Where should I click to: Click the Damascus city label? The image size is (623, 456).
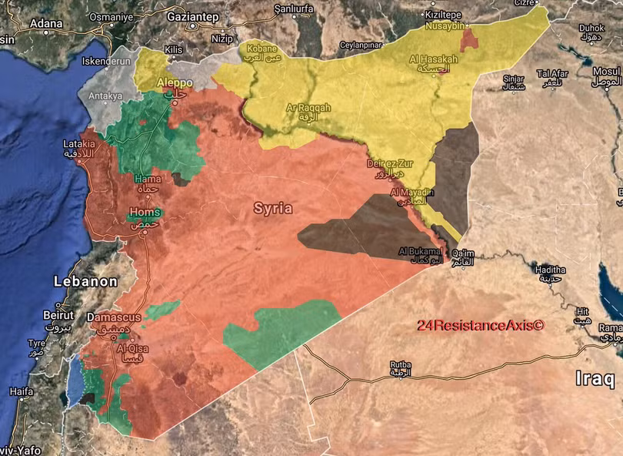[114, 317]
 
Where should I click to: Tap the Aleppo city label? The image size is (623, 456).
[174, 82]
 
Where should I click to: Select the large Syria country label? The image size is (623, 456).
[273, 208]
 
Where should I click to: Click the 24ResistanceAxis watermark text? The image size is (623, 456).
[481, 326]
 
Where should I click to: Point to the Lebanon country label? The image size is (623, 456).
[85, 282]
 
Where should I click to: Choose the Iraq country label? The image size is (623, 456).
[595, 379]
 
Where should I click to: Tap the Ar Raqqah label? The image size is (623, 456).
[308, 109]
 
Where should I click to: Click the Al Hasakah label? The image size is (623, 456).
[434, 59]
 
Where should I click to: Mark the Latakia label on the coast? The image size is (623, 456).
[79, 144]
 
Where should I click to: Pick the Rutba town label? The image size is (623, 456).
[401, 364]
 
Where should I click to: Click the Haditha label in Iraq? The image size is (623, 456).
[548, 270]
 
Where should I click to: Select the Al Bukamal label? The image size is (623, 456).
[420, 251]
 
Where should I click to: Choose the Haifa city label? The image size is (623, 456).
[22, 391]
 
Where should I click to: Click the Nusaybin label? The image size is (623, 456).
[445, 25]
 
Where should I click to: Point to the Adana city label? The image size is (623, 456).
[45, 24]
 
